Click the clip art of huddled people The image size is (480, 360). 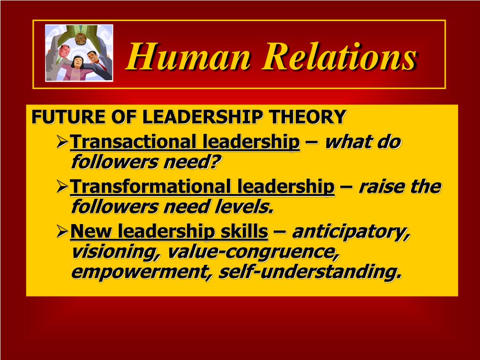click(x=79, y=53)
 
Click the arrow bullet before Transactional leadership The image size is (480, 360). click(x=62, y=141)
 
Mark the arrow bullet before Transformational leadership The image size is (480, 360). click(x=62, y=187)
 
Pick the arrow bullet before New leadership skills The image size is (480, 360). click(x=62, y=232)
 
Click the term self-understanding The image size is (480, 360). click(x=310, y=272)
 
